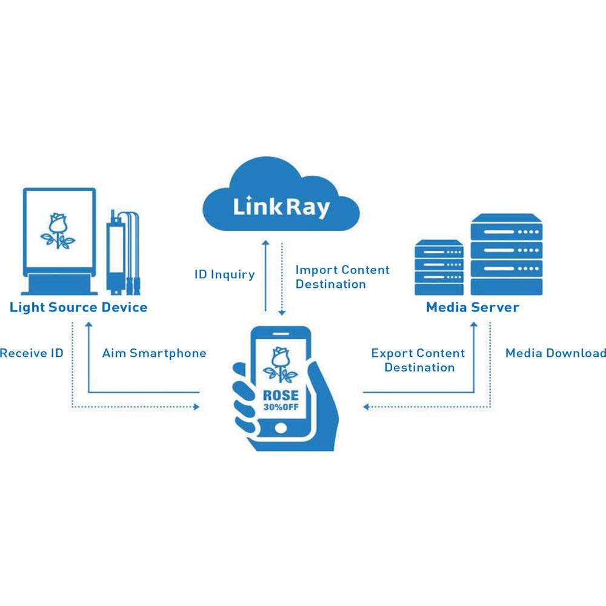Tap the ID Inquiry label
224,275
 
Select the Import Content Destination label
342,277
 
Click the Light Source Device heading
78,307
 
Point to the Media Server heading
472,307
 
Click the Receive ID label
32,353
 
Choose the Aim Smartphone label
154,353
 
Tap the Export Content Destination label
418,360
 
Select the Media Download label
556,353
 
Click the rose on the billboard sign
58,231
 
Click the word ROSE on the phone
279,396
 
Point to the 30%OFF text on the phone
280,407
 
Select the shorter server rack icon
439,267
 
